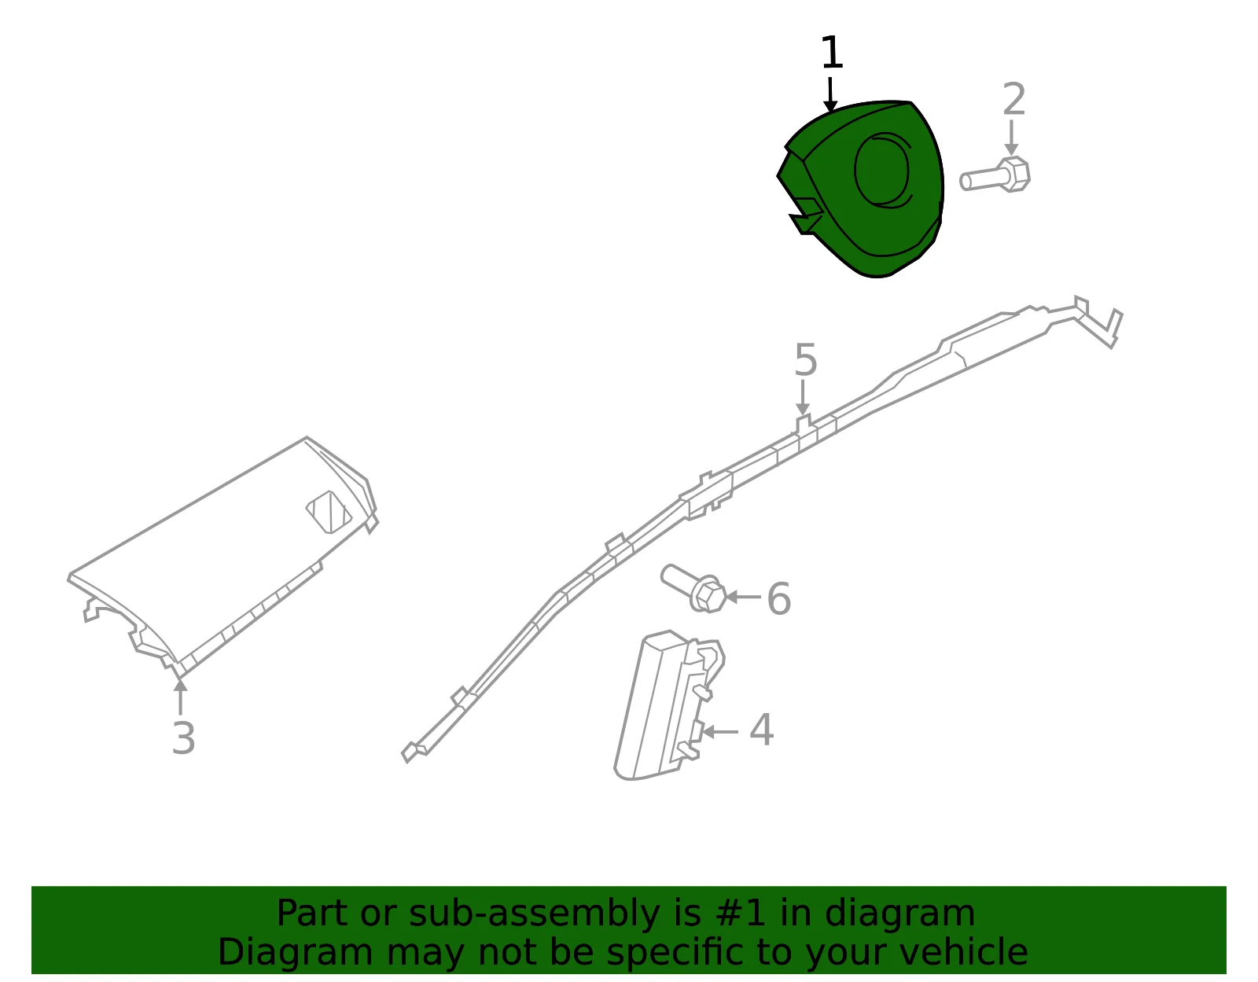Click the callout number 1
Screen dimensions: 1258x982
[831, 52]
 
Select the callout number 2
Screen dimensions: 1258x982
[1013, 99]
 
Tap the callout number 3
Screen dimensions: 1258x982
[183, 738]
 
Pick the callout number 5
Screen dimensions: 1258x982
[806, 359]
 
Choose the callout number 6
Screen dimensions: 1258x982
[778, 598]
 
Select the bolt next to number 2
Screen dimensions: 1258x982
[995, 175]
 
